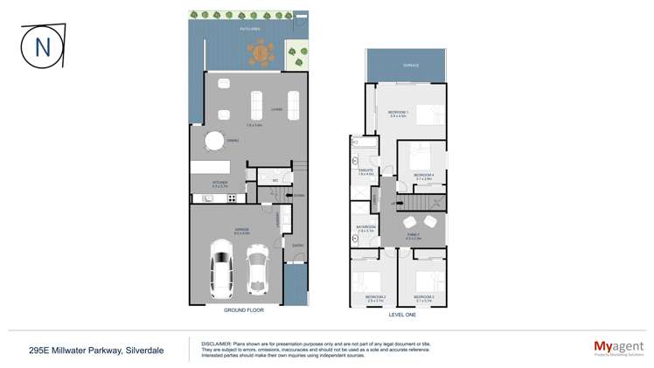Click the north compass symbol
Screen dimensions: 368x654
click(x=42, y=45)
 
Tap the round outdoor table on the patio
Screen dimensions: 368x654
click(x=261, y=55)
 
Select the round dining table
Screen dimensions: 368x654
click(x=214, y=141)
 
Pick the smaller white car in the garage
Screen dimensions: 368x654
click(x=256, y=267)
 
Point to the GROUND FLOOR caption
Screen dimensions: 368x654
click(x=237, y=310)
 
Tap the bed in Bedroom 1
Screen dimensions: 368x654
click(x=426, y=115)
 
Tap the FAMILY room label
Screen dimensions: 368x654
click(x=414, y=234)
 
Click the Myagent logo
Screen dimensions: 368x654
click(x=618, y=348)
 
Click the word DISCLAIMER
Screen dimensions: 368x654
click(x=216, y=344)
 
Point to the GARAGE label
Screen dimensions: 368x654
click(x=241, y=229)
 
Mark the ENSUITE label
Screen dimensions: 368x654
click(x=366, y=170)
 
